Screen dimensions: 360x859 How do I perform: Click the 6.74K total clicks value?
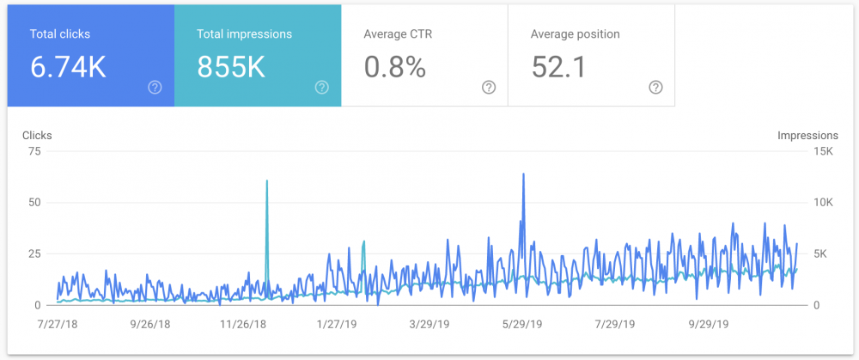[68, 67]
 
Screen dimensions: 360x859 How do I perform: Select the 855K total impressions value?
[231, 67]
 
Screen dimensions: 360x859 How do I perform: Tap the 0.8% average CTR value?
[395, 67]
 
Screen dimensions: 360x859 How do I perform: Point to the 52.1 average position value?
[558, 67]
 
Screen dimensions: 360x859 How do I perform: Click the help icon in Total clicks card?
[155, 87]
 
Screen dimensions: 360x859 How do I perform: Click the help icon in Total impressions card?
[321, 87]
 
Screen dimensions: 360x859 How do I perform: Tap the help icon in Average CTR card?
[489, 87]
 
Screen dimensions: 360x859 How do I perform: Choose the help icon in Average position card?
[655, 87]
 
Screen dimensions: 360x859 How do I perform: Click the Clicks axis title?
[37, 136]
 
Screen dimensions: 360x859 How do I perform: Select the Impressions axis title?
[807, 136]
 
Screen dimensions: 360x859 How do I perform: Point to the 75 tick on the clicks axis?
[34, 151]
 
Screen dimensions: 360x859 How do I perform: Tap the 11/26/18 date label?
[244, 327]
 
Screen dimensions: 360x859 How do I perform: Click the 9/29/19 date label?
[710, 327]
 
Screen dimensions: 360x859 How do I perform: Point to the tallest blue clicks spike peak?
[523, 174]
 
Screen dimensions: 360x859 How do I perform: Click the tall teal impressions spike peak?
[267, 181]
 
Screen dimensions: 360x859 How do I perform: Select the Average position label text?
[576, 34]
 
